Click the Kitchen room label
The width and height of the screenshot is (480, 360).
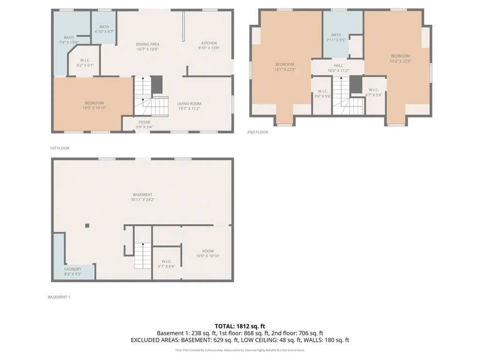point(209,45)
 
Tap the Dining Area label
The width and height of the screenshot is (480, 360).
point(148,46)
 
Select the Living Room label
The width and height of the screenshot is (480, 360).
point(189,106)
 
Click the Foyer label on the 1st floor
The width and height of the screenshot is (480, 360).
point(144,124)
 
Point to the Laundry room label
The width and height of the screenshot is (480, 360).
point(73,271)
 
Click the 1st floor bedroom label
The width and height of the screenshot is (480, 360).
point(94,105)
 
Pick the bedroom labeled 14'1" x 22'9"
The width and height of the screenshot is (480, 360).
point(285,67)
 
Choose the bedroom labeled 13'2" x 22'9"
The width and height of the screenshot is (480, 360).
point(400,58)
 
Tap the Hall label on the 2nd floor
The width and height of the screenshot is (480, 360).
point(338,68)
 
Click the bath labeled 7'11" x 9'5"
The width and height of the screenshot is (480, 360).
point(336,37)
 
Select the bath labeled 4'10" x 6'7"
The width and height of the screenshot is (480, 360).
point(104,29)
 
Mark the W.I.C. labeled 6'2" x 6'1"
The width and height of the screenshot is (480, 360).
point(85,62)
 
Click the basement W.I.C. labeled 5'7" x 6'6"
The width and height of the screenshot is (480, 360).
point(166,263)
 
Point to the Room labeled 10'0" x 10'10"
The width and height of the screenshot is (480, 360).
point(208,253)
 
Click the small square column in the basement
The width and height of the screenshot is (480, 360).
point(87,225)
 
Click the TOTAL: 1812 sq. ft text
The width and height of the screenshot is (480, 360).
point(240,326)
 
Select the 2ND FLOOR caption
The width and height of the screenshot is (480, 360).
point(257,132)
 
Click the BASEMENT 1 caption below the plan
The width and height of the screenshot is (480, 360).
point(59,297)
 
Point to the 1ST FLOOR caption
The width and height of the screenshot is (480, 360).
point(60,148)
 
